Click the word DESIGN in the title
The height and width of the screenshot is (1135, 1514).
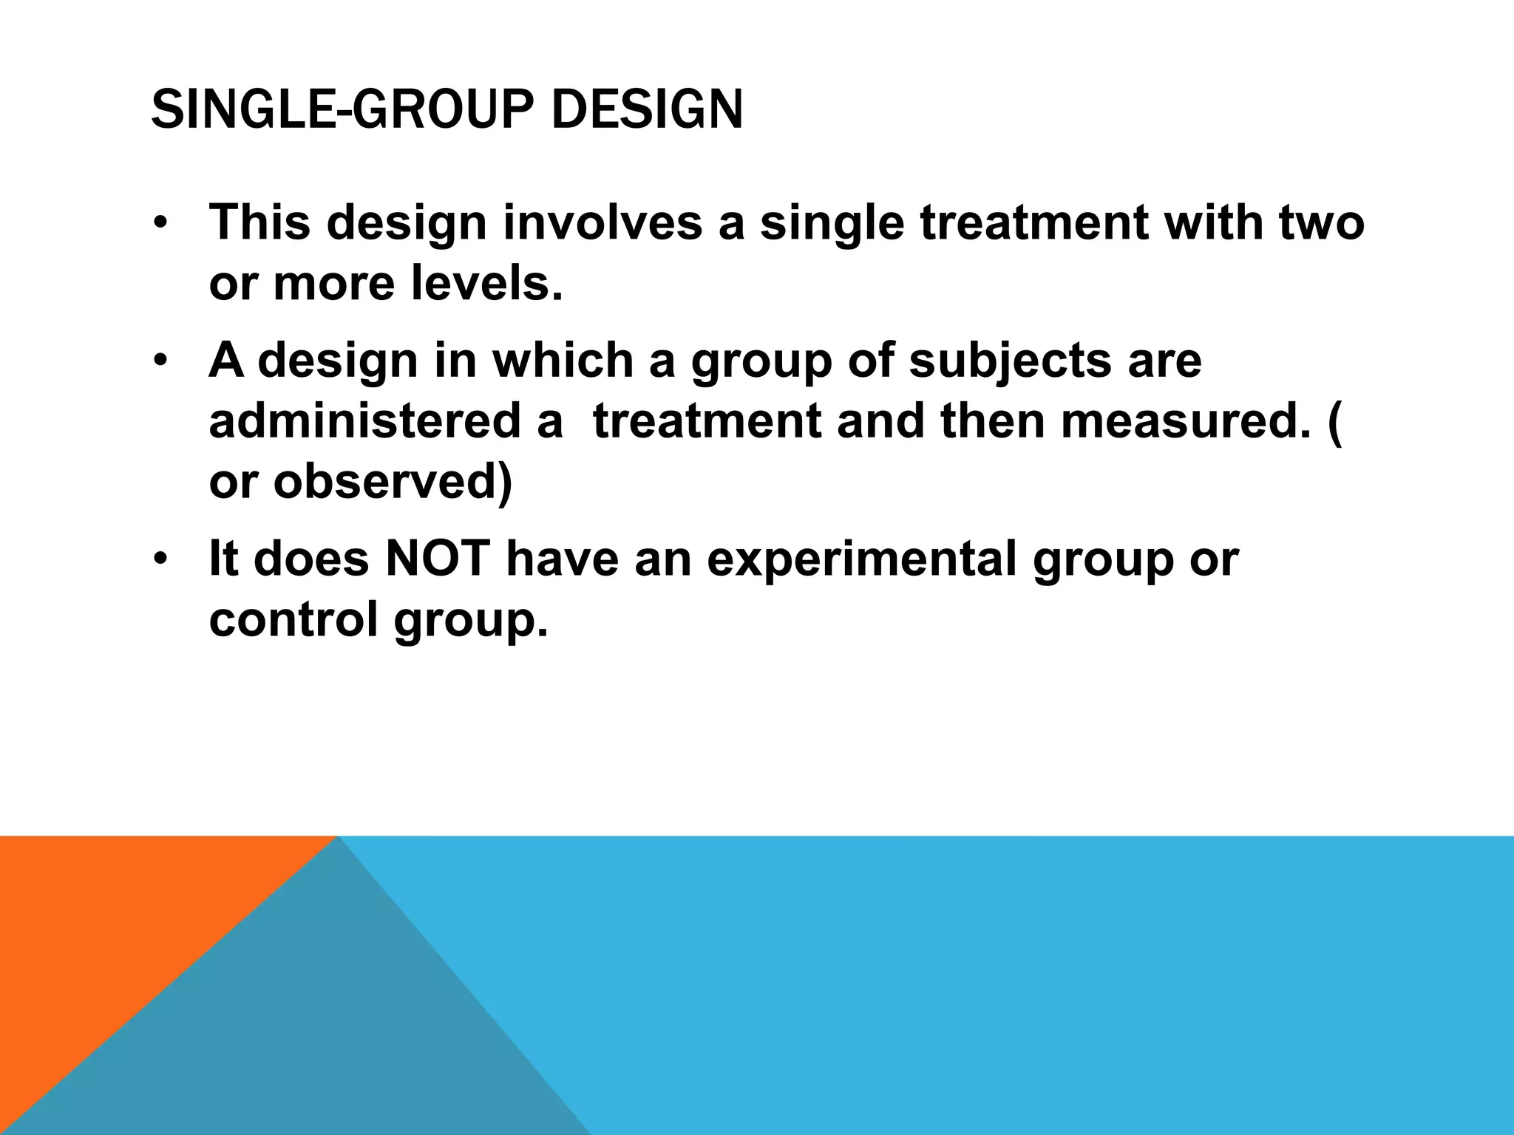(647, 111)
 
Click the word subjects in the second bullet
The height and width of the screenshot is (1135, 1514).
(1009, 360)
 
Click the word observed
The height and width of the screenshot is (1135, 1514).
(393, 483)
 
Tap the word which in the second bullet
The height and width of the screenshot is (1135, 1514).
(563, 360)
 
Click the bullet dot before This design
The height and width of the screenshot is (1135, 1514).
(160, 223)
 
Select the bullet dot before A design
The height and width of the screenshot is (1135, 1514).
(160, 361)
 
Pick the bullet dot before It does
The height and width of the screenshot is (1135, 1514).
(160, 560)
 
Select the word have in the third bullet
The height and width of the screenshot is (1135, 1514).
(562, 559)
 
